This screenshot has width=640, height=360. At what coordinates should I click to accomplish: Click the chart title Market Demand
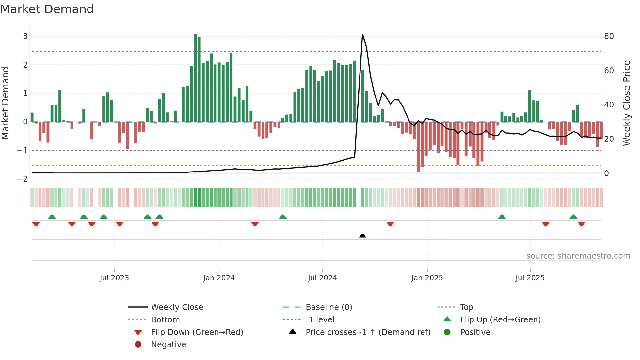point(47,9)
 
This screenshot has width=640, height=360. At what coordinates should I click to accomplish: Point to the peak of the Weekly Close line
point(362,34)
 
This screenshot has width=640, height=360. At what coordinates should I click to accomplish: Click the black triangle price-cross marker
point(362,236)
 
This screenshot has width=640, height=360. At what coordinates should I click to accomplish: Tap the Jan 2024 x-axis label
point(219,278)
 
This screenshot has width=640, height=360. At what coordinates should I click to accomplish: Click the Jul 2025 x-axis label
point(530,278)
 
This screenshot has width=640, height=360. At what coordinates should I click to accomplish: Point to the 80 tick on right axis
point(609,36)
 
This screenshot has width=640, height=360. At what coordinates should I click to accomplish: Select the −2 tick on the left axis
point(23,179)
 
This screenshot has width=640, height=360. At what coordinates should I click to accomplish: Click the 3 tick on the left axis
point(25,36)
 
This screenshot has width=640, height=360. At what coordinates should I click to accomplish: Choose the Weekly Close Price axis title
point(626,103)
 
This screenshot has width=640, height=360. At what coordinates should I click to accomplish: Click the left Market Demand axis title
point(5,103)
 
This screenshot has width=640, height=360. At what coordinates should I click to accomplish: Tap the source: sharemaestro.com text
point(578,256)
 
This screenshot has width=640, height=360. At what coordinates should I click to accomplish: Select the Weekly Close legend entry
point(177,307)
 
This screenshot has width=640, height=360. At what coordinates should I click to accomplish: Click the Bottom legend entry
point(165,320)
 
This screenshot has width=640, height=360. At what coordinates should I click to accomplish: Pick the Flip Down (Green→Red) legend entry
point(197,332)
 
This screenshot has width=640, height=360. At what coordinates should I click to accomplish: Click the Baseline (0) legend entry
point(328,307)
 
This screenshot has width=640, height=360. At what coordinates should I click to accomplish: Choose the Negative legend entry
point(168,345)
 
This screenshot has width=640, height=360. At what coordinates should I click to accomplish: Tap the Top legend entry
point(466,307)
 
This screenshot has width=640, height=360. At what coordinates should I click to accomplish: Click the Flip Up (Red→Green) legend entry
point(500,320)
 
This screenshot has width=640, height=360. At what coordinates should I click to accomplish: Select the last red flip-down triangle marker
point(581,224)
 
